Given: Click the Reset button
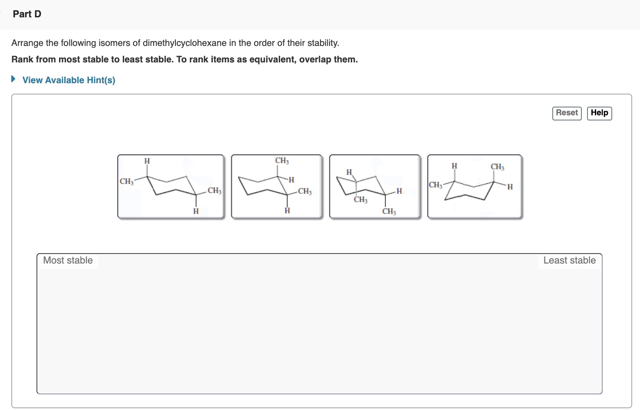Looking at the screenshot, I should (567, 113).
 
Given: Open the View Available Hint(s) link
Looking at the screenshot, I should (69, 80).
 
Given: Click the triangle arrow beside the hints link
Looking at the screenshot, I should (13, 79).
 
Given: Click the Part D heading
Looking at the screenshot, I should (27, 14).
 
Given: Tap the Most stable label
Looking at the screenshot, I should (68, 260).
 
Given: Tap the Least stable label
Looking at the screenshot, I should (569, 260).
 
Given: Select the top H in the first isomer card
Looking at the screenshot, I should (147, 161).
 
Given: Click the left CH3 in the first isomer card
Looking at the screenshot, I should (126, 181).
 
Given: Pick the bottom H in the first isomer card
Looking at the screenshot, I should (196, 211).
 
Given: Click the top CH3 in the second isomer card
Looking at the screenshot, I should (282, 161).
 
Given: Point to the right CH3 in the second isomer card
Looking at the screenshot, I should (305, 191).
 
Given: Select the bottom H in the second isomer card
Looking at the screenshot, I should (287, 211).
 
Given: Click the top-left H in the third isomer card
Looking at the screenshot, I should (349, 172).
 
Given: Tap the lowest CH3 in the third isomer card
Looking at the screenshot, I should (389, 212).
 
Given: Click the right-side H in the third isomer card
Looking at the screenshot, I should (399, 191).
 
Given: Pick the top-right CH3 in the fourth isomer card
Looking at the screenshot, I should (498, 167).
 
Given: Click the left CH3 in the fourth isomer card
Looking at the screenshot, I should (435, 185).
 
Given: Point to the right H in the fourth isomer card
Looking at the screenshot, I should (510, 187).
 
